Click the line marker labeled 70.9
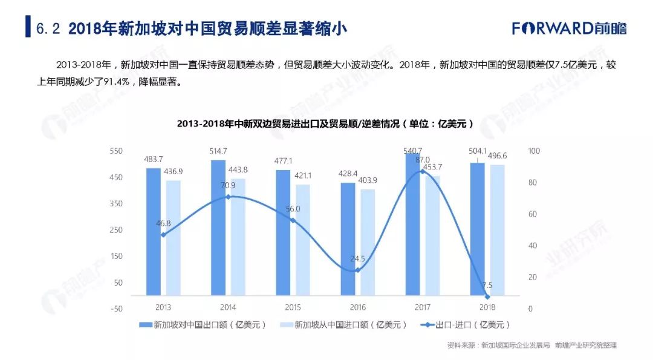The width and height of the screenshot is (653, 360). click(228, 197)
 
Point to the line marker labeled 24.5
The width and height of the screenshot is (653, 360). click(357, 270)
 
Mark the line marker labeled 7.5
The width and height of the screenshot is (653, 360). click(487, 296)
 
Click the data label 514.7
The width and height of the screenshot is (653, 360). click(218, 151)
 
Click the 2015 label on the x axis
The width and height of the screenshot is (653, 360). click(293, 307)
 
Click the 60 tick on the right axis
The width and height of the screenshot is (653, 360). click(532, 214)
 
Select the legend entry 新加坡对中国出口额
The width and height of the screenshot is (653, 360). click(203, 325)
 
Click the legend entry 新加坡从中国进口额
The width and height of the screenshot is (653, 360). click(342, 325)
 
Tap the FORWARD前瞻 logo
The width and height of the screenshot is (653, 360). click(569, 28)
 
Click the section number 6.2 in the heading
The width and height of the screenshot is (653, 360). click(48, 28)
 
